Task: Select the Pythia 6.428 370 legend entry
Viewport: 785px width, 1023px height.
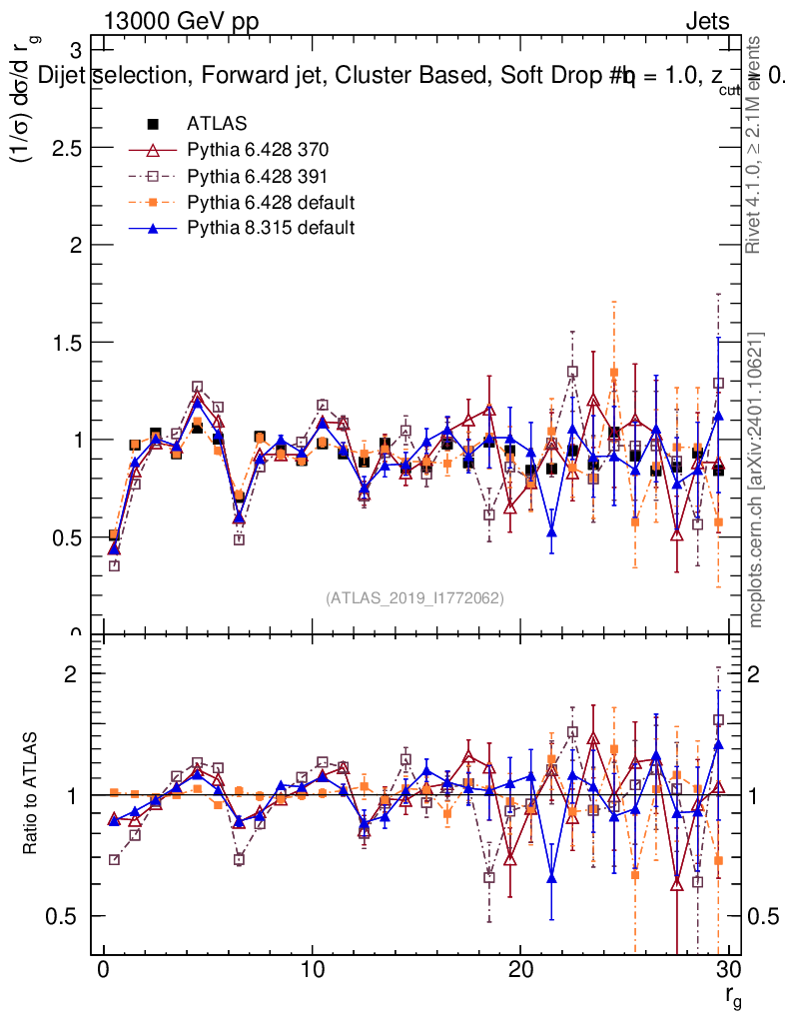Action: coord(258,151)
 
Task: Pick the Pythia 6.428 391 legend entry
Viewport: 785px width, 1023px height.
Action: coord(258,177)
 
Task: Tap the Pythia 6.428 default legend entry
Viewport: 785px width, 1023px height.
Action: coord(271,203)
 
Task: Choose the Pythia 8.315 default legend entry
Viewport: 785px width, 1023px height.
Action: coord(271,228)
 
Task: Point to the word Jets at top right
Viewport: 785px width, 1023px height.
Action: coord(707,21)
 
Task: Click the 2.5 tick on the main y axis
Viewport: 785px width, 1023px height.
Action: coord(72,148)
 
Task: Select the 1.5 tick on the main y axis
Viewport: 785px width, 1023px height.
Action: coord(72,343)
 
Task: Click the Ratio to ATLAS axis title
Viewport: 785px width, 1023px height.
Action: coord(31,795)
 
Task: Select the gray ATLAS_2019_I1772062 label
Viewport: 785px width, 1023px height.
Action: coord(414,598)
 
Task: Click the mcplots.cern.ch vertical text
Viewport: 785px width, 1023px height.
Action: coord(756,481)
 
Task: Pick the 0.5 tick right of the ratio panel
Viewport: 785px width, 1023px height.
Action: coord(762,916)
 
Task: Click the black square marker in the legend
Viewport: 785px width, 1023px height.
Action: coord(153,125)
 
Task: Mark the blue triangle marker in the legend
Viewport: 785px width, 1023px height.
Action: coord(153,228)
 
